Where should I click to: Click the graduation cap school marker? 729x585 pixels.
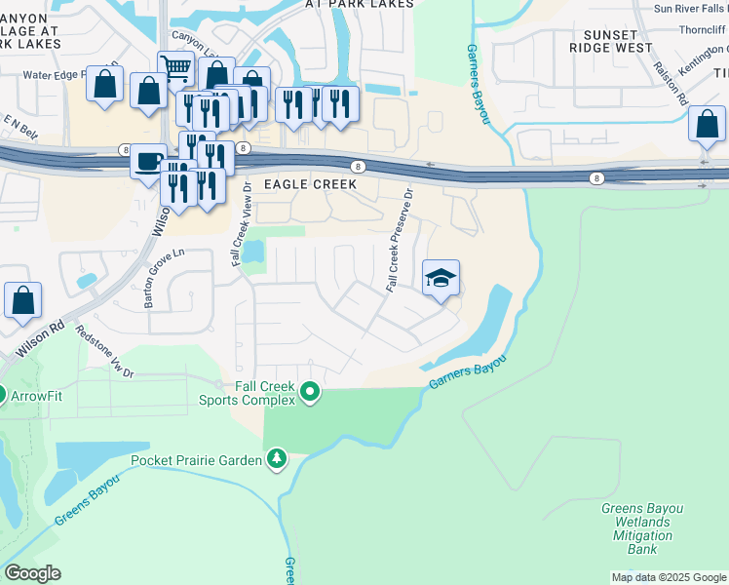pos(441,279)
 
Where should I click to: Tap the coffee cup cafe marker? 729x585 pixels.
pos(148,161)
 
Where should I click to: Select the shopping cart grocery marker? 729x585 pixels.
pos(174,69)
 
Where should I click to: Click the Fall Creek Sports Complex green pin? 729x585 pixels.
pos(311,393)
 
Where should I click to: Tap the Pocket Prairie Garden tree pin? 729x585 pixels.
pos(278,458)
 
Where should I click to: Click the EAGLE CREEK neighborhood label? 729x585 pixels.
pos(329,184)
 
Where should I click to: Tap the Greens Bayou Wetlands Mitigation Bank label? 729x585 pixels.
pos(641,528)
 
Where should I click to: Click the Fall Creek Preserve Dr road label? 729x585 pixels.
pos(400,240)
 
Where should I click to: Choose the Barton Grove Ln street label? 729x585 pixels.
pos(163,279)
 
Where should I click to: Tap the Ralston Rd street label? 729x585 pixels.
pos(679,85)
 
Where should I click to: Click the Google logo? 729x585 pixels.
pos(32,573)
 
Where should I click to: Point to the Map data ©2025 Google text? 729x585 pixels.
pos(669,577)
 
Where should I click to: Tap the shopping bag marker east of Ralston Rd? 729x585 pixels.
pos(706,125)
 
